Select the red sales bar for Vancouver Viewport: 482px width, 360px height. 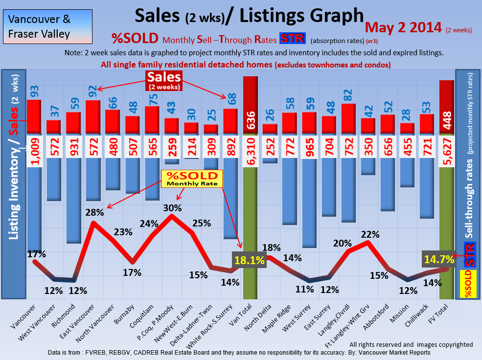34,116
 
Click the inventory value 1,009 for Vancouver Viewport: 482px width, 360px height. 34,152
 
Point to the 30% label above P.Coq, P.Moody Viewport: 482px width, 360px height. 172,207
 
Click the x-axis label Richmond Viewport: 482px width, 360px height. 67,318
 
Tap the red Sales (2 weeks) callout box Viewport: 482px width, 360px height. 164,80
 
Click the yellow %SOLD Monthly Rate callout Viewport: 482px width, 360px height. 192,179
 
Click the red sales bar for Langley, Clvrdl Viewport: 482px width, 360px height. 348,118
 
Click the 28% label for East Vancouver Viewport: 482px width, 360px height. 95,213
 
